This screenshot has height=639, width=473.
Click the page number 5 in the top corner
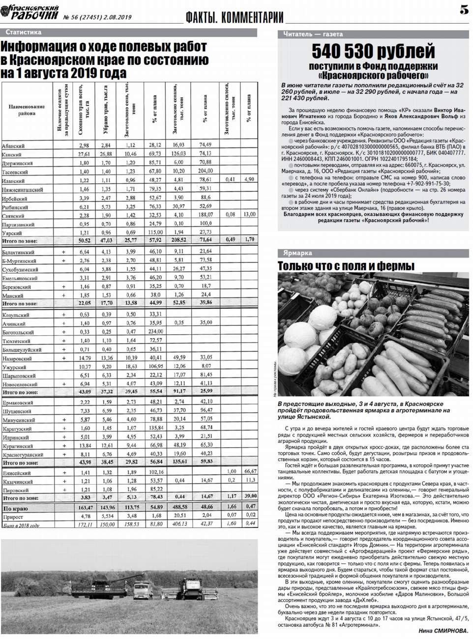(x=464, y=9)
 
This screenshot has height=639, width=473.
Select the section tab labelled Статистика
(x=24, y=32)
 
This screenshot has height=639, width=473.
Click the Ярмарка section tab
(x=297, y=253)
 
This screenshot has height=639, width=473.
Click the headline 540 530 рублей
(x=373, y=51)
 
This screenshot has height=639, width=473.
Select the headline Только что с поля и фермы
(x=346, y=266)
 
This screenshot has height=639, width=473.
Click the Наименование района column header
(x=27, y=110)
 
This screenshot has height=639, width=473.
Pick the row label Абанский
(x=13, y=146)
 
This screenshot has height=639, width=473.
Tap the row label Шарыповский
(x=19, y=376)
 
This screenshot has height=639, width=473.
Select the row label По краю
(x=15, y=509)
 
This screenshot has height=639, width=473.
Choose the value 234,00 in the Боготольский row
(x=155, y=332)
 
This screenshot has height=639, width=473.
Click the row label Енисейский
(x=17, y=473)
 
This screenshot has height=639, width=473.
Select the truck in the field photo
(x=143, y=588)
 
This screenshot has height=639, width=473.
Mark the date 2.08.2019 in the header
(x=117, y=17)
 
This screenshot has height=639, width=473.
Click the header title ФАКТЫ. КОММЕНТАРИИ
(x=235, y=17)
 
